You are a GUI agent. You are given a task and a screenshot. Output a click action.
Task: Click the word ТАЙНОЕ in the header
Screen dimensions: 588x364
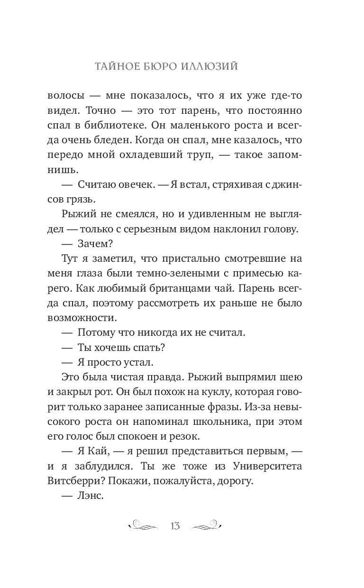[x=114, y=66]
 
